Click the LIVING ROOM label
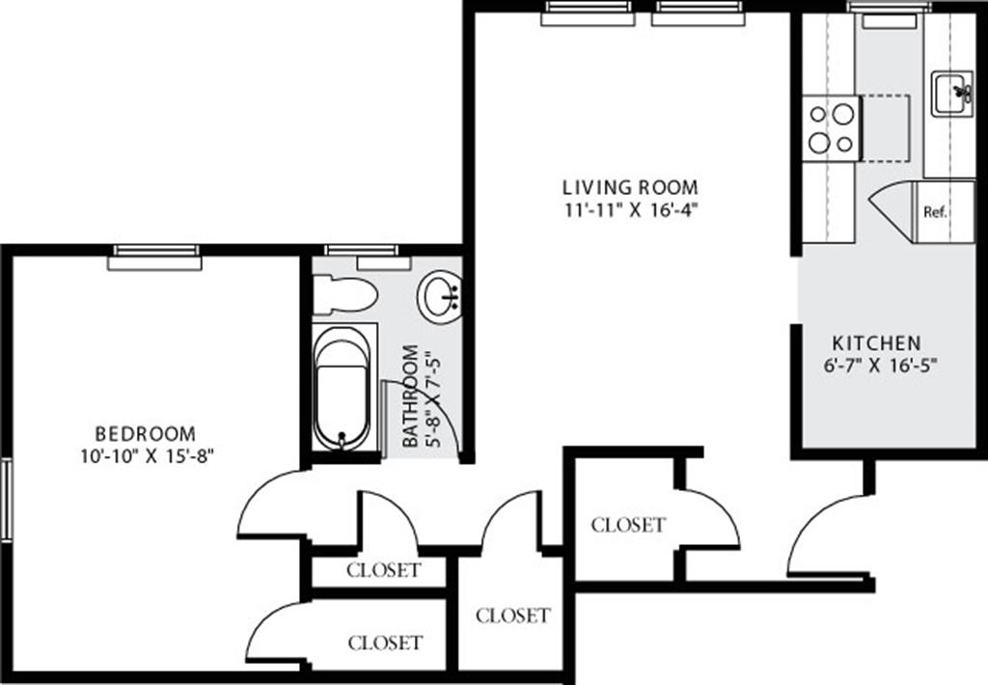point(630,187)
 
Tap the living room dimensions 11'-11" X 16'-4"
point(630,211)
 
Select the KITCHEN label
point(876,342)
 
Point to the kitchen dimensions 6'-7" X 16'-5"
point(876,366)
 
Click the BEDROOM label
point(145,434)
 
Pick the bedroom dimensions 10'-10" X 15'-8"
point(146,456)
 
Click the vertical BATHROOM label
point(412,397)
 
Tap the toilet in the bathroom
point(344,293)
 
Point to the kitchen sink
point(951,94)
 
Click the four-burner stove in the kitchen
point(833,128)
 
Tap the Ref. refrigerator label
point(934,212)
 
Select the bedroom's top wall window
point(155,257)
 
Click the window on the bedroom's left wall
point(5,500)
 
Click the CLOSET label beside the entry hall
point(628,525)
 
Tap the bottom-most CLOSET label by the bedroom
point(385,642)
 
